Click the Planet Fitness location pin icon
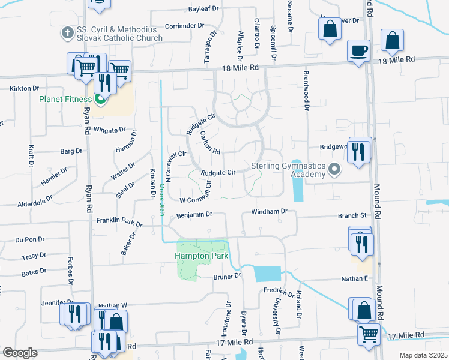[100, 100]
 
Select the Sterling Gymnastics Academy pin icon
[335, 170]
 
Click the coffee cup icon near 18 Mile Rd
[359, 50]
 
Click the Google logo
[20, 352]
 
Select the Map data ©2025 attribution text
[423, 355]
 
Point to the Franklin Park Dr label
[119, 223]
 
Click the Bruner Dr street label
[227, 276]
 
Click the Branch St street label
[352, 215]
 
